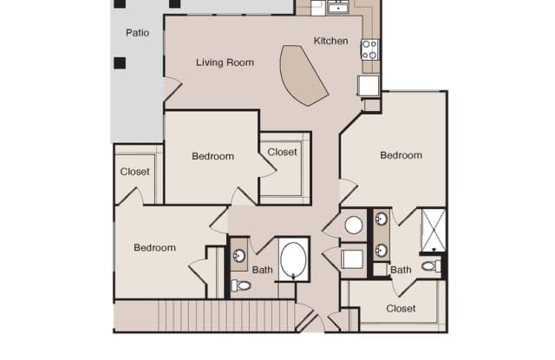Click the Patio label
click(137, 33)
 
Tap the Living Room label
click(225, 62)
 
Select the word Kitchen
click(330, 41)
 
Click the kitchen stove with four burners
click(369, 49)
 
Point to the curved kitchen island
click(302, 75)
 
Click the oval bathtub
click(293, 259)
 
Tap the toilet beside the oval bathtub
click(241, 285)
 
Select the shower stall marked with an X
click(434, 230)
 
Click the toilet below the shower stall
click(432, 266)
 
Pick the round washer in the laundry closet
click(354, 226)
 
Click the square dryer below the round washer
click(352, 259)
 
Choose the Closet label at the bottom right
click(401, 309)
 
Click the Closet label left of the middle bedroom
click(134, 172)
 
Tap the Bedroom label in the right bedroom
click(401, 155)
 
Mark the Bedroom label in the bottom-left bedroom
click(154, 248)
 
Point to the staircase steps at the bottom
click(226, 316)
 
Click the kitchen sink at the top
click(338, 7)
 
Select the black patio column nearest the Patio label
click(120, 63)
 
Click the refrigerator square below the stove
click(369, 86)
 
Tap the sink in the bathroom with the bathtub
click(239, 256)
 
